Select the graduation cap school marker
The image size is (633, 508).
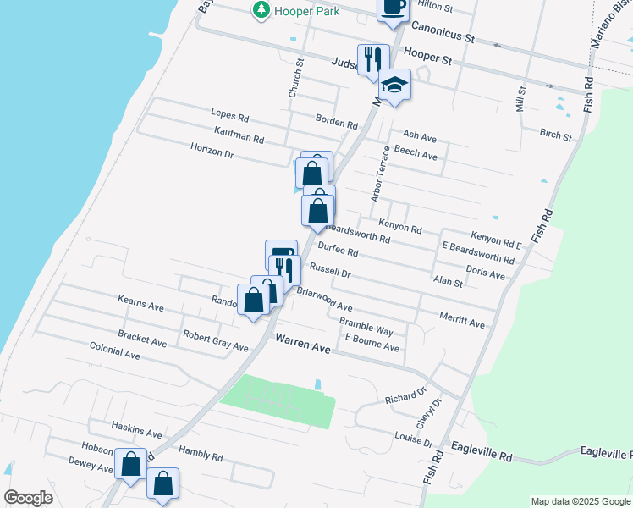pos(394,85)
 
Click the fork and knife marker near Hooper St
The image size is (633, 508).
pos(372,60)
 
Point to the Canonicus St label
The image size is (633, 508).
pos(440,39)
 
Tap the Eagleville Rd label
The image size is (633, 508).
pos(482,456)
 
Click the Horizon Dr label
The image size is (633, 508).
pos(212,152)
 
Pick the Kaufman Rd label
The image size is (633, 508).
pos(239,138)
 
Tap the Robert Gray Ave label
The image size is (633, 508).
pos(216,347)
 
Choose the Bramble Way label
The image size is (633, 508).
pos(366,329)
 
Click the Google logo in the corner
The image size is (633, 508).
pos(29,497)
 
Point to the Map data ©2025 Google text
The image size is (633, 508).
pos(581,501)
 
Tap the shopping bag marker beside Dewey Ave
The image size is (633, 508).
pos(130,465)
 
